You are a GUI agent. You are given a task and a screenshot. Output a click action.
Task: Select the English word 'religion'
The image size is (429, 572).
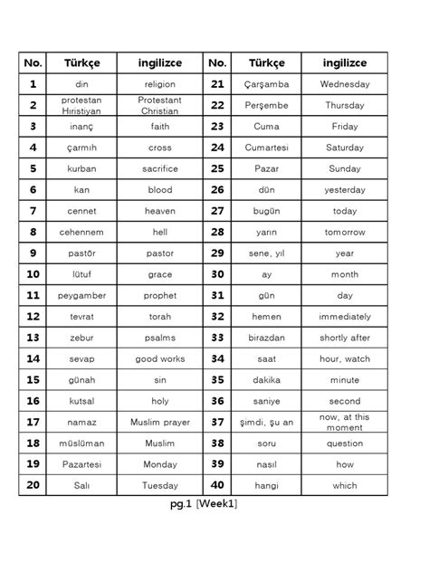(159, 84)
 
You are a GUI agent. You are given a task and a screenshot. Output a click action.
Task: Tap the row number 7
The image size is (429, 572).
(33, 211)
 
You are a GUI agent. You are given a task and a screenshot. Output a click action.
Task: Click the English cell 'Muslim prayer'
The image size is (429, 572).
(159, 423)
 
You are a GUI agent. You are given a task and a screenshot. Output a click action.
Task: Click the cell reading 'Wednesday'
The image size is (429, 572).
(345, 84)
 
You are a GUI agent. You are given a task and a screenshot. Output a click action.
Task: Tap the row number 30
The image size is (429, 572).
(217, 274)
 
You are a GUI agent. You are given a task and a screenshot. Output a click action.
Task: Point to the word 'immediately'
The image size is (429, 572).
(345, 317)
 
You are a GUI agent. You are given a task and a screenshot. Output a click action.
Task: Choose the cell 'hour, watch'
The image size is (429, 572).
(345, 359)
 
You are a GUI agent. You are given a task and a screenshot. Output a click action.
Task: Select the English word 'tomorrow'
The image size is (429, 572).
(345, 233)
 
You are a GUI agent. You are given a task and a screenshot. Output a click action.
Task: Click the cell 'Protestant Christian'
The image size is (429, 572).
(159, 105)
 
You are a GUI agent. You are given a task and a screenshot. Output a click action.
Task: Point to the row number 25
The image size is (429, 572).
(217, 168)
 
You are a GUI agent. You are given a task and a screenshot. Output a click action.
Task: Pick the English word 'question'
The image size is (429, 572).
(345, 443)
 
